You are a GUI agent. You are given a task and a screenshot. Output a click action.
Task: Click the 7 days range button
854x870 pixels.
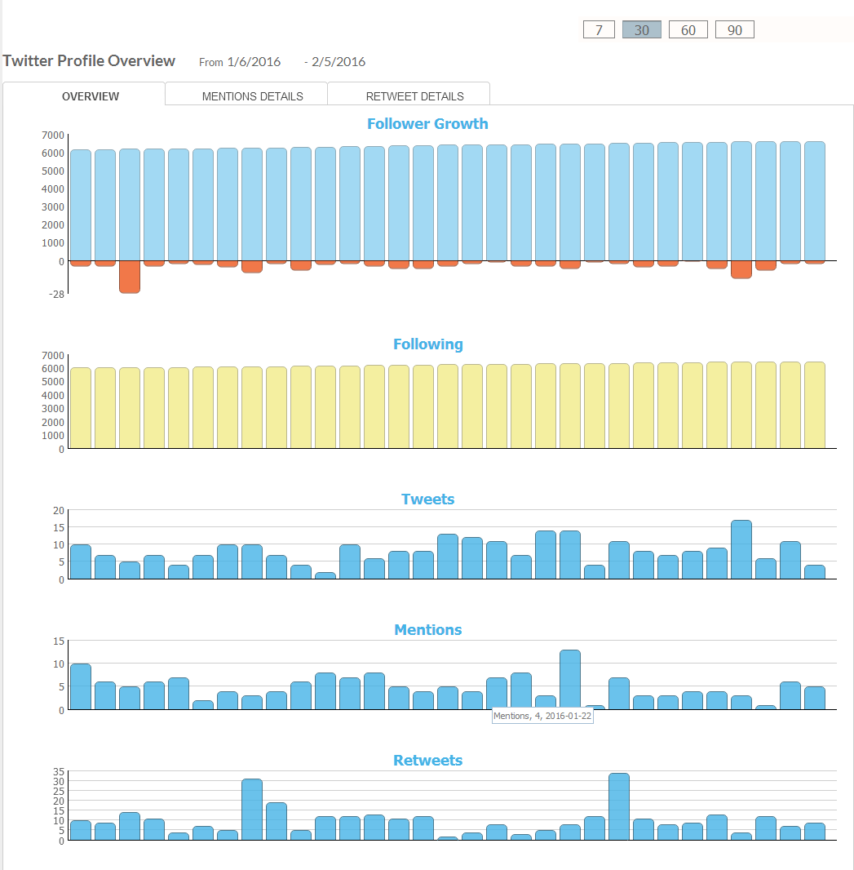[599, 29]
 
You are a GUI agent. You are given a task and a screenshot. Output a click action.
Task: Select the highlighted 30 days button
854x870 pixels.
[641, 29]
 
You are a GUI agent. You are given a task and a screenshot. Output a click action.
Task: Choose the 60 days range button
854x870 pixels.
[688, 29]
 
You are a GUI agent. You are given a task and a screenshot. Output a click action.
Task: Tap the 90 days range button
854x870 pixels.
[734, 29]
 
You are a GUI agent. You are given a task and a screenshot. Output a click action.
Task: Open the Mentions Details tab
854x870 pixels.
[252, 95]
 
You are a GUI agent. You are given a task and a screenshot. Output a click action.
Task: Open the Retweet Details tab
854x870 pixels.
[414, 95]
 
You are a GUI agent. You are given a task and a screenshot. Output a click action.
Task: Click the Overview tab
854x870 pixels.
[91, 95]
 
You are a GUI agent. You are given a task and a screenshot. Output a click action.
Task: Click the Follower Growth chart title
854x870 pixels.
[427, 124]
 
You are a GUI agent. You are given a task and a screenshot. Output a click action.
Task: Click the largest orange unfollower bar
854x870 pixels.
[130, 277]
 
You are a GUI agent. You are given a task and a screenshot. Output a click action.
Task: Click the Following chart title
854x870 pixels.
[427, 344]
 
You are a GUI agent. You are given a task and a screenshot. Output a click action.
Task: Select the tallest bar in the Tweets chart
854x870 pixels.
[741, 549]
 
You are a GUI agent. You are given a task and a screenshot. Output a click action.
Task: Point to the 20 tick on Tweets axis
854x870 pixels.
[58, 510]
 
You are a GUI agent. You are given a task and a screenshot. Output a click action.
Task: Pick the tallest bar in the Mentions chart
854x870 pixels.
[570, 680]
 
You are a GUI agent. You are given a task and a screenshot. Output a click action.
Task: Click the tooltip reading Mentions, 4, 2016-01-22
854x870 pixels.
[542, 716]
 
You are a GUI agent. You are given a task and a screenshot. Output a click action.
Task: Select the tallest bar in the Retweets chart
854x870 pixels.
[619, 806]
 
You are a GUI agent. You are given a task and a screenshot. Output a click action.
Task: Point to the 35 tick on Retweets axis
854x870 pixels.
[57, 771]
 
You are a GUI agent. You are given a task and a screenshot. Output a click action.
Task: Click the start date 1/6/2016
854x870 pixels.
[254, 62]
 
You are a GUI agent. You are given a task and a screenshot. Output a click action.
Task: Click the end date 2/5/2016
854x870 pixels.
[339, 62]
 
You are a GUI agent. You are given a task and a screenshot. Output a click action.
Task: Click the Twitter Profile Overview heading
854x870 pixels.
[89, 60]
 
